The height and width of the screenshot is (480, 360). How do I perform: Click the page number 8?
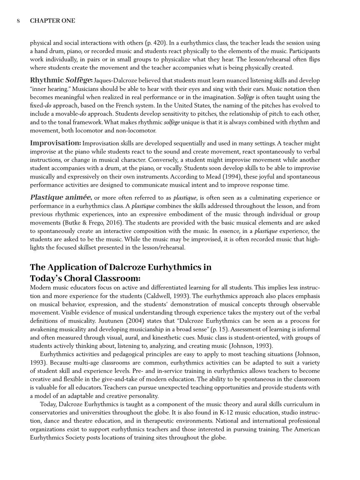(x=18, y=21)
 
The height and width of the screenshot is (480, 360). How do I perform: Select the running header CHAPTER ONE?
(x=52, y=21)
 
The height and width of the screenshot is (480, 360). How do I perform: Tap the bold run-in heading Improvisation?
(x=55, y=143)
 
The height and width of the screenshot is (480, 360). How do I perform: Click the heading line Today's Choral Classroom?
(x=85, y=278)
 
